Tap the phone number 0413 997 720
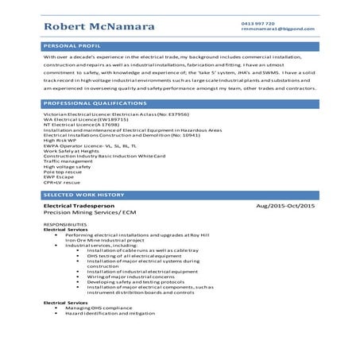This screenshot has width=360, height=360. click(257, 24)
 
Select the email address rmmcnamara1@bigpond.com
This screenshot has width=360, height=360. click(277, 30)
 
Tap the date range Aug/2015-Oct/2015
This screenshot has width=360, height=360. click(285, 207)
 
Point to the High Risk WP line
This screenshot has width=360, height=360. click(62, 141)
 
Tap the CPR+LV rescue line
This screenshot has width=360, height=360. click(64, 182)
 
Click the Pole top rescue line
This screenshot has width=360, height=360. click(62, 172)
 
